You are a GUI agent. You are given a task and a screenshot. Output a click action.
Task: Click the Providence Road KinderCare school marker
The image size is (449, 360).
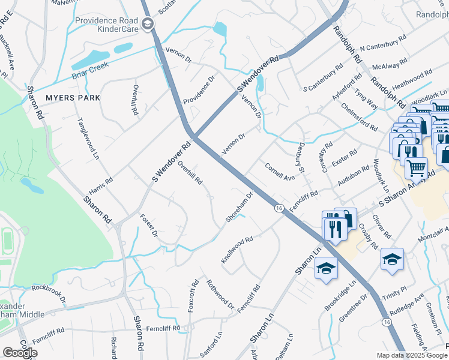click(148, 24)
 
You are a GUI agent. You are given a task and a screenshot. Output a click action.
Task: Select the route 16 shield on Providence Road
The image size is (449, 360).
click(279, 208)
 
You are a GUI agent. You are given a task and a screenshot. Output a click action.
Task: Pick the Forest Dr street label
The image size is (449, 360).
click(148, 224)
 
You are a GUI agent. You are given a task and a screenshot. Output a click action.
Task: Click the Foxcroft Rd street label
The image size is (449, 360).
click(194, 295)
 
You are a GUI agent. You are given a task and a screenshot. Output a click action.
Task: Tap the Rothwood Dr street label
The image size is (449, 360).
click(220, 294)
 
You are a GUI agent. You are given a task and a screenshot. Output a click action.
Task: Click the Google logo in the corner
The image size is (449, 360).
click(20, 353)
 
